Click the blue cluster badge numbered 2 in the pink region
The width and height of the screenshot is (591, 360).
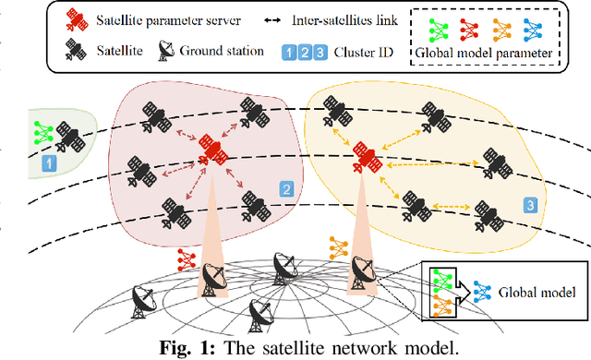(x=286, y=190)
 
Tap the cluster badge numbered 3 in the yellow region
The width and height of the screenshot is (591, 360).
(x=530, y=205)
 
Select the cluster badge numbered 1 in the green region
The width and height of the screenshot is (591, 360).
(x=52, y=162)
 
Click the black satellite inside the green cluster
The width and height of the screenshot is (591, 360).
(x=66, y=136)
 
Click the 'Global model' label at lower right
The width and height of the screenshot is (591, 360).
(x=537, y=294)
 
